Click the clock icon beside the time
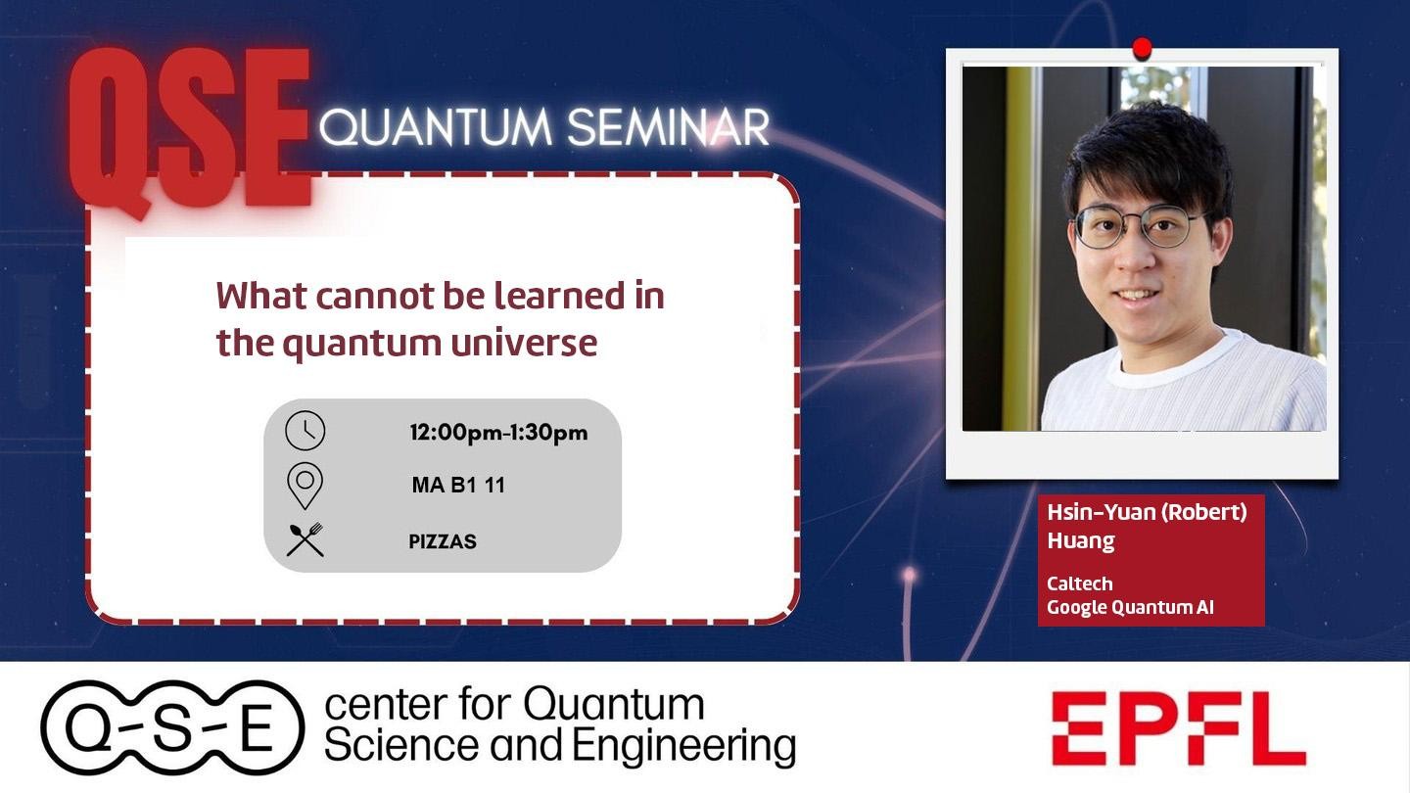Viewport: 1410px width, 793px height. [305, 431]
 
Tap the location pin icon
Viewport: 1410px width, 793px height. [305, 486]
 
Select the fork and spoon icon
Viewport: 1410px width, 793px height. [305, 539]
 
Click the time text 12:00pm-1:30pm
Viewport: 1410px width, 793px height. [498, 433]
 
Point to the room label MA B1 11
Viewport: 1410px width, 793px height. [458, 486]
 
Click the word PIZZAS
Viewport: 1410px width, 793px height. [443, 541]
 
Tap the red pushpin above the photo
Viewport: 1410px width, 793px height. [1142, 49]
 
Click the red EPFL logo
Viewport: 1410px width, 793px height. [1178, 728]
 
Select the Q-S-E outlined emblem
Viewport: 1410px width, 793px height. [172, 727]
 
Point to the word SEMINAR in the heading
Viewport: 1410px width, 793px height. [668, 127]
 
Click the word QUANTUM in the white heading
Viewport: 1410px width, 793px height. [436, 128]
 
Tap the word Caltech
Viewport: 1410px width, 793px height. [1079, 583]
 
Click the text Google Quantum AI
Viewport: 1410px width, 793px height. [1130, 607]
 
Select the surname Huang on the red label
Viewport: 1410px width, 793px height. [1081, 540]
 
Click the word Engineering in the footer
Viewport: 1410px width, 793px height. [683, 747]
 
